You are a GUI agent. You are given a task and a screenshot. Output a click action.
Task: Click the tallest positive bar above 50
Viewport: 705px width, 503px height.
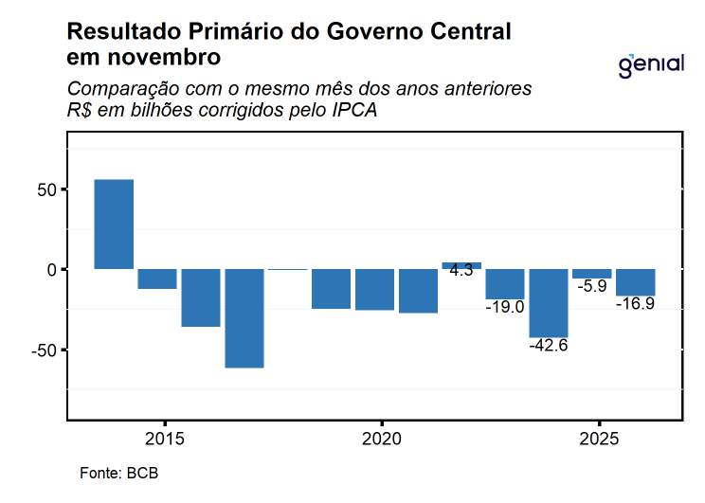point(114,225)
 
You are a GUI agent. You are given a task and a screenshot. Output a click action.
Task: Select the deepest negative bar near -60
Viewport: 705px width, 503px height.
point(244,318)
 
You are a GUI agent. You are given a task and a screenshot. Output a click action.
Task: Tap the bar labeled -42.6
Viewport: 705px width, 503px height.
point(549,303)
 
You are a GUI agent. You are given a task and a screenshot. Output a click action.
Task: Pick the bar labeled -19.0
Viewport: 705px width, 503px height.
point(505,284)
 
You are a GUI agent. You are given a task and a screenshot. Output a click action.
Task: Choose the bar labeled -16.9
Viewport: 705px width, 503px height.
point(635,282)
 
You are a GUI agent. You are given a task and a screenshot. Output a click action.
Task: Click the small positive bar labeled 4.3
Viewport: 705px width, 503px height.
point(461,265)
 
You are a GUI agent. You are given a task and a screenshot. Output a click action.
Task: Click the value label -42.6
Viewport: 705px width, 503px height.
point(549,346)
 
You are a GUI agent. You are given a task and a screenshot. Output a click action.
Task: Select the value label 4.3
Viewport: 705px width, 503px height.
point(461,270)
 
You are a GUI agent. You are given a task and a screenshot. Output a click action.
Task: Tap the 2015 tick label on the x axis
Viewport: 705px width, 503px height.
point(165,440)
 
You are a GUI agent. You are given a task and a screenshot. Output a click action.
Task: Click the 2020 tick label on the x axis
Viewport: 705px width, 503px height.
point(381,440)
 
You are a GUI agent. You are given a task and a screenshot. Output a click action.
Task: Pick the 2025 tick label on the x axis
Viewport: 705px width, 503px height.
point(598,440)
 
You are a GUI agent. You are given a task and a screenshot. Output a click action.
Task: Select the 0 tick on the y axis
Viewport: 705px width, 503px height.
point(53,270)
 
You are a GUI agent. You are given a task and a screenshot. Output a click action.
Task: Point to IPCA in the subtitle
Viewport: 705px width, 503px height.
point(354,111)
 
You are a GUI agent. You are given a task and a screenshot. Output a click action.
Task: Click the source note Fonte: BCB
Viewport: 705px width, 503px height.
point(112,473)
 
